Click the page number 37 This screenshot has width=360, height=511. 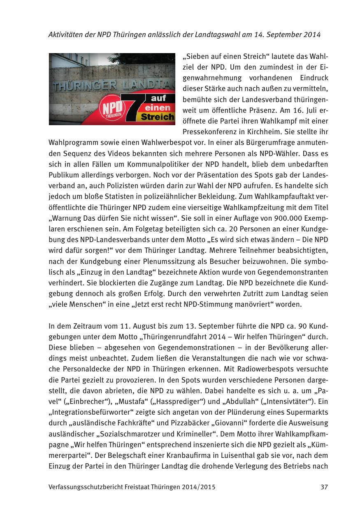click(x=324, y=487)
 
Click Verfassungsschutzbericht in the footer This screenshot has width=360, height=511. click(x=85, y=487)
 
